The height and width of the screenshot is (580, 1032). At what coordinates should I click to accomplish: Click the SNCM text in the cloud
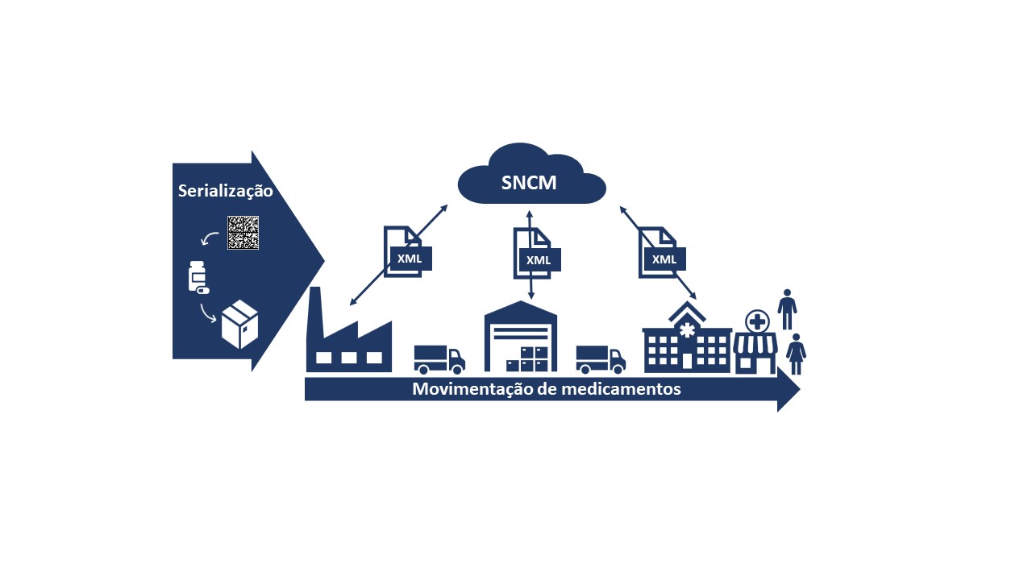click(529, 183)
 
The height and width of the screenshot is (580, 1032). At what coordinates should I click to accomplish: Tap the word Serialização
click(225, 191)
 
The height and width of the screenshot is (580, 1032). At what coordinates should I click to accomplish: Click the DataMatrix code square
click(243, 233)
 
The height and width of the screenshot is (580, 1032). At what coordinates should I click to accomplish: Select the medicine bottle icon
click(198, 277)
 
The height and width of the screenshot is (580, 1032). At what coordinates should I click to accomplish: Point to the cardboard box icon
click(239, 324)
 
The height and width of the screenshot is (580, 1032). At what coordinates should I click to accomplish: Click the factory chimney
click(315, 313)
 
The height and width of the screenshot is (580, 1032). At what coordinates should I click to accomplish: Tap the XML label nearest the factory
click(410, 259)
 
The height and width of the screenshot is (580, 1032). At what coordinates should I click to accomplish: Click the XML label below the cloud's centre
click(538, 260)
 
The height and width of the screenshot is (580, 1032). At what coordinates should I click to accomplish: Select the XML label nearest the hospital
click(664, 259)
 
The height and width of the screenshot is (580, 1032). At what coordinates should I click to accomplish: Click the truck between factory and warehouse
click(439, 359)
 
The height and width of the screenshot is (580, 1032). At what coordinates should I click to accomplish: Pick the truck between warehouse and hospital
click(601, 359)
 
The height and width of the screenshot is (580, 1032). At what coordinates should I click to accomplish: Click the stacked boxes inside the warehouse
click(527, 359)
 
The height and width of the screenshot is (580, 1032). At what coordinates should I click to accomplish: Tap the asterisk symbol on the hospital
click(687, 330)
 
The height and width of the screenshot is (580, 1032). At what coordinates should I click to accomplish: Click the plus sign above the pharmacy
click(757, 321)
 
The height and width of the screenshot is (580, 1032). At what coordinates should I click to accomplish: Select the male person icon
click(788, 309)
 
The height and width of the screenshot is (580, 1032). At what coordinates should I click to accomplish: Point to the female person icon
click(796, 354)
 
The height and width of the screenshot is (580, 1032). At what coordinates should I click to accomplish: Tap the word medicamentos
click(622, 389)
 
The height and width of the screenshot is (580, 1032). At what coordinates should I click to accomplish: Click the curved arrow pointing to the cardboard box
click(207, 314)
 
